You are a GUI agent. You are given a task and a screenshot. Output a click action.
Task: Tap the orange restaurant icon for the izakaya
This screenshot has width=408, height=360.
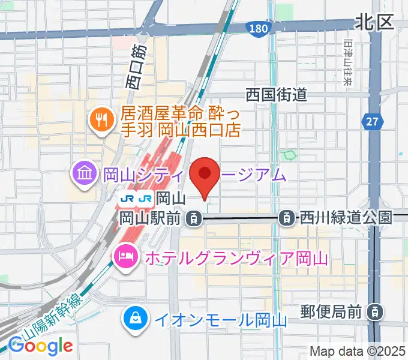point(100,120)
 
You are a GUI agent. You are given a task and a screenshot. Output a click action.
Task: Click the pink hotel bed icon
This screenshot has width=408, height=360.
point(125,257)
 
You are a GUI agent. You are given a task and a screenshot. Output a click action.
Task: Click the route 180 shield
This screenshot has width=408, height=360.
point(257,28)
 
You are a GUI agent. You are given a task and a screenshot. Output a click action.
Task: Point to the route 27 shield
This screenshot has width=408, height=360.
point(373,122)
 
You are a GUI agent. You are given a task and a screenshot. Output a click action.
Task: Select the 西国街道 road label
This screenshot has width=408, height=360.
point(277,94)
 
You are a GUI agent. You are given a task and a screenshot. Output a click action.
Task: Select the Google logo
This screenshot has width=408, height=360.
point(40,346)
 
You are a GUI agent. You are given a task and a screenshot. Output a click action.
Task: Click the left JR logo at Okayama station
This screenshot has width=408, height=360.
point(127,197)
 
